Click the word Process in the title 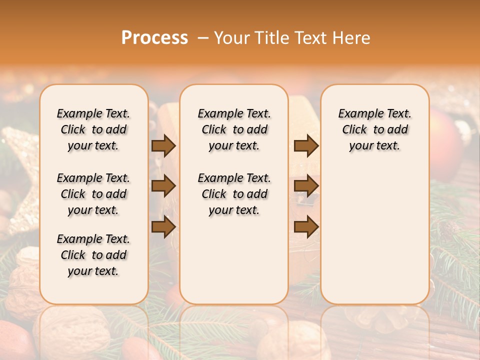pyautogui.click(x=154, y=38)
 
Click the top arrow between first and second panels pyautogui.click(x=163, y=146)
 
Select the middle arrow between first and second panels pyautogui.click(x=163, y=186)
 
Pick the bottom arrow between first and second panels pyautogui.click(x=163, y=227)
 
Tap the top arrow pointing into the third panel pyautogui.click(x=306, y=146)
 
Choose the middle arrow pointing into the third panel pyautogui.click(x=306, y=186)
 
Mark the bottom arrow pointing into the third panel pyautogui.click(x=306, y=227)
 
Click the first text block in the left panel pyautogui.click(x=93, y=129)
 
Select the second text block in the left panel pyautogui.click(x=93, y=194)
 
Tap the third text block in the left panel pyautogui.click(x=93, y=255)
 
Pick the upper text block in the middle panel pyautogui.click(x=234, y=129)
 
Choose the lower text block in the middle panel pyautogui.click(x=234, y=194)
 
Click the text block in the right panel pyautogui.click(x=374, y=129)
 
